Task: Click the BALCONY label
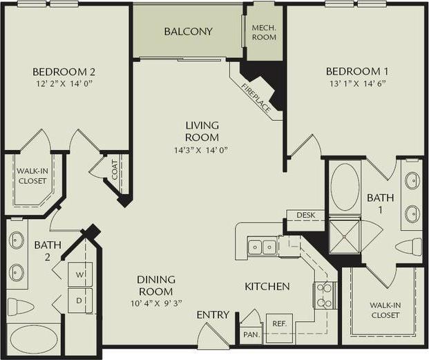[x=188, y=32]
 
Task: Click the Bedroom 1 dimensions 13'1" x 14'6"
[x=353, y=84]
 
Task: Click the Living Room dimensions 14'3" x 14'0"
[x=202, y=150]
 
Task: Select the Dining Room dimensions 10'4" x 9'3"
[x=155, y=303]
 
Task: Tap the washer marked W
[x=79, y=275]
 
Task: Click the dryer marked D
[x=79, y=300]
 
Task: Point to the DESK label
[x=305, y=216]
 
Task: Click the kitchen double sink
[x=262, y=247]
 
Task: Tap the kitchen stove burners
[x=323, y=294]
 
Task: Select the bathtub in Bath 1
[x=344, y=187]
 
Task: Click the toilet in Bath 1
[x=409, y=247]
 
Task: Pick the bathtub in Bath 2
[x=35, y=340]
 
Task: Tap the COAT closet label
[x=115, y=169]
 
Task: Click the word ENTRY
[x=213, y=315]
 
